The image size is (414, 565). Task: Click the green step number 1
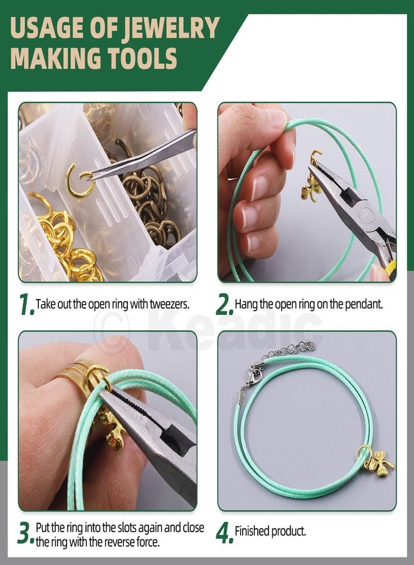25,304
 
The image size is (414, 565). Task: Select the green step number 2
224,304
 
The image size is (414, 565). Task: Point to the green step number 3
25,533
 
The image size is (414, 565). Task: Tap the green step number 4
224,533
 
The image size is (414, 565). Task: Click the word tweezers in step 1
170,304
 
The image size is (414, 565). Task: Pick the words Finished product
270,532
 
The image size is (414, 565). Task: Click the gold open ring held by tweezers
80,181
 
